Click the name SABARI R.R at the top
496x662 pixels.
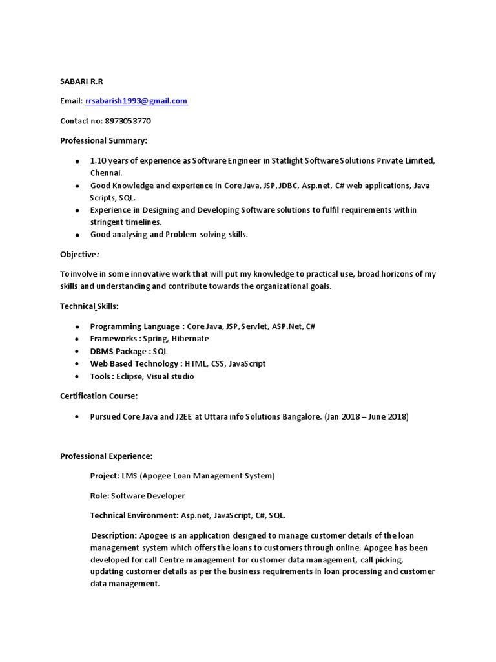81,81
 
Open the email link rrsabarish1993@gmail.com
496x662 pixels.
136,101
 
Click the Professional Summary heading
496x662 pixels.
103,140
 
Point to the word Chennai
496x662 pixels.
106,173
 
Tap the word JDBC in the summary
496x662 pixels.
287,186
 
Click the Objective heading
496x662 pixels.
79,254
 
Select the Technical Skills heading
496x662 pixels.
89,306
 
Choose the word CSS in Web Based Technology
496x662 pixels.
217,363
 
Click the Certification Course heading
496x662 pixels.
99,396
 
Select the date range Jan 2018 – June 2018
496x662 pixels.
367,417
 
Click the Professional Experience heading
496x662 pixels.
107,456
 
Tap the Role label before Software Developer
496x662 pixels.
99,496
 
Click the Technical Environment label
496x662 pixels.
133,515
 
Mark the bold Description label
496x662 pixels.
114,535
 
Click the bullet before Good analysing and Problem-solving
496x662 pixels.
77,235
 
